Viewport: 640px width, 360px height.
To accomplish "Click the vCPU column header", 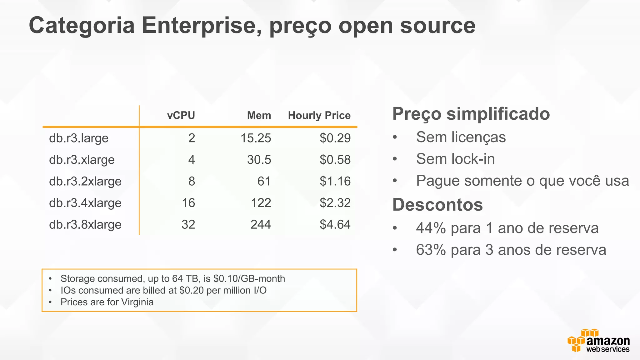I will [x=181, y=115].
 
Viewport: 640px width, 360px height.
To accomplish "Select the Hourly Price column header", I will [x=319, y=115].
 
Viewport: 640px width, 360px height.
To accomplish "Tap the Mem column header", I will [x=259, y=115].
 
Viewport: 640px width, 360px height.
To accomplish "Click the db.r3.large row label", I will [x=79, y=138].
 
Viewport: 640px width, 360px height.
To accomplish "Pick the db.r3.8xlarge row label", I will [x=85, y=225].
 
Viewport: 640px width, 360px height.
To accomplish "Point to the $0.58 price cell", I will [x=335, y=160].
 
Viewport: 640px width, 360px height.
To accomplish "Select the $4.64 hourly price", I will [x=335, y=225].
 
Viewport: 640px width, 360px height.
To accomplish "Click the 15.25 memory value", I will [x=256, y=138].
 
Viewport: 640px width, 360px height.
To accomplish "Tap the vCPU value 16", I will [x=188, y=203].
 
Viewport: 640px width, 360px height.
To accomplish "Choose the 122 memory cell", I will [x=261, y=203].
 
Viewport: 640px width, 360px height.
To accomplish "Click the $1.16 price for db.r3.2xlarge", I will [x=335, y=181].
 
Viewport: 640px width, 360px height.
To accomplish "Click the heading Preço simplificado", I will [x=471, y=114].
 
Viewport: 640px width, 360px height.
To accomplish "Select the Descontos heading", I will [x=437, y=205].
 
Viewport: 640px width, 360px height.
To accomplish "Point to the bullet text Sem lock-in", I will [x=455, y=159].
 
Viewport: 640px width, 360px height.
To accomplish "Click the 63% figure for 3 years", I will [x=431, y=250].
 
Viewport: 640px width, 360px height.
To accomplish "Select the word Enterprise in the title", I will [x=202, y=26].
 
